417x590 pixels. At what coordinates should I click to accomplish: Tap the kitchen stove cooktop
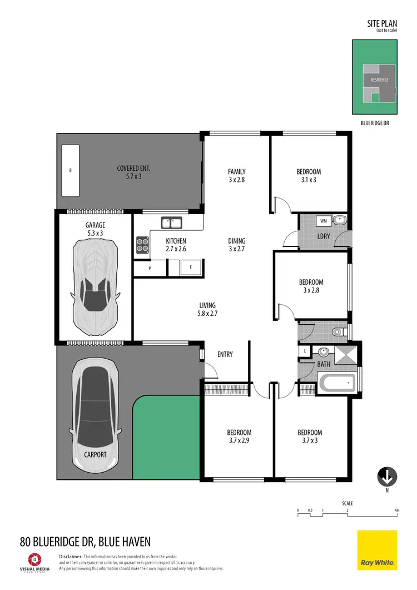pyautogui.click(x=143, y=245)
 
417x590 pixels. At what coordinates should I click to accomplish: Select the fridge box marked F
pyautogui.click(x=191, y=267)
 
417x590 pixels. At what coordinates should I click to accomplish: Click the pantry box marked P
pyautogui.click(x=150, y=268)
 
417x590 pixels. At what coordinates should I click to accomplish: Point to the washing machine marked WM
pyautogui.click(x=323, y=221)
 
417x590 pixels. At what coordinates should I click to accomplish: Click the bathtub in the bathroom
pyautogui.click(x=336, y=383)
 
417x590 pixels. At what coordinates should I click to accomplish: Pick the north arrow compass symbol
pyautogui.click(x=387, y=477)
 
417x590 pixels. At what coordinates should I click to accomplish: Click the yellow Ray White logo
pyautogui.click(x=377, y=550)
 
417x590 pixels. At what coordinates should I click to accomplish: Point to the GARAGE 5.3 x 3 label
pyautogui.click(x=95, y=229)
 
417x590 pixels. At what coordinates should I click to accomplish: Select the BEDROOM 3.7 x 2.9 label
pyautogui.click(x=239, y=437)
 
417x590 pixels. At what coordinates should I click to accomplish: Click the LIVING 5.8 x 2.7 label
pyautogui.click(x=207, y=309)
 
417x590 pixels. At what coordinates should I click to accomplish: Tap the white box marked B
pyautogui.click(x=70, y=170)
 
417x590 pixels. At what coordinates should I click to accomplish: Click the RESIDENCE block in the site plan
pyautogui.click(x=380, y=80)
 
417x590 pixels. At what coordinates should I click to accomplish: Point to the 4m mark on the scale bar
pyautogui.click(x=396, y=510)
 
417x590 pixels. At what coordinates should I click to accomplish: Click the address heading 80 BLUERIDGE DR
pyautogui.click(x=85, y=541)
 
